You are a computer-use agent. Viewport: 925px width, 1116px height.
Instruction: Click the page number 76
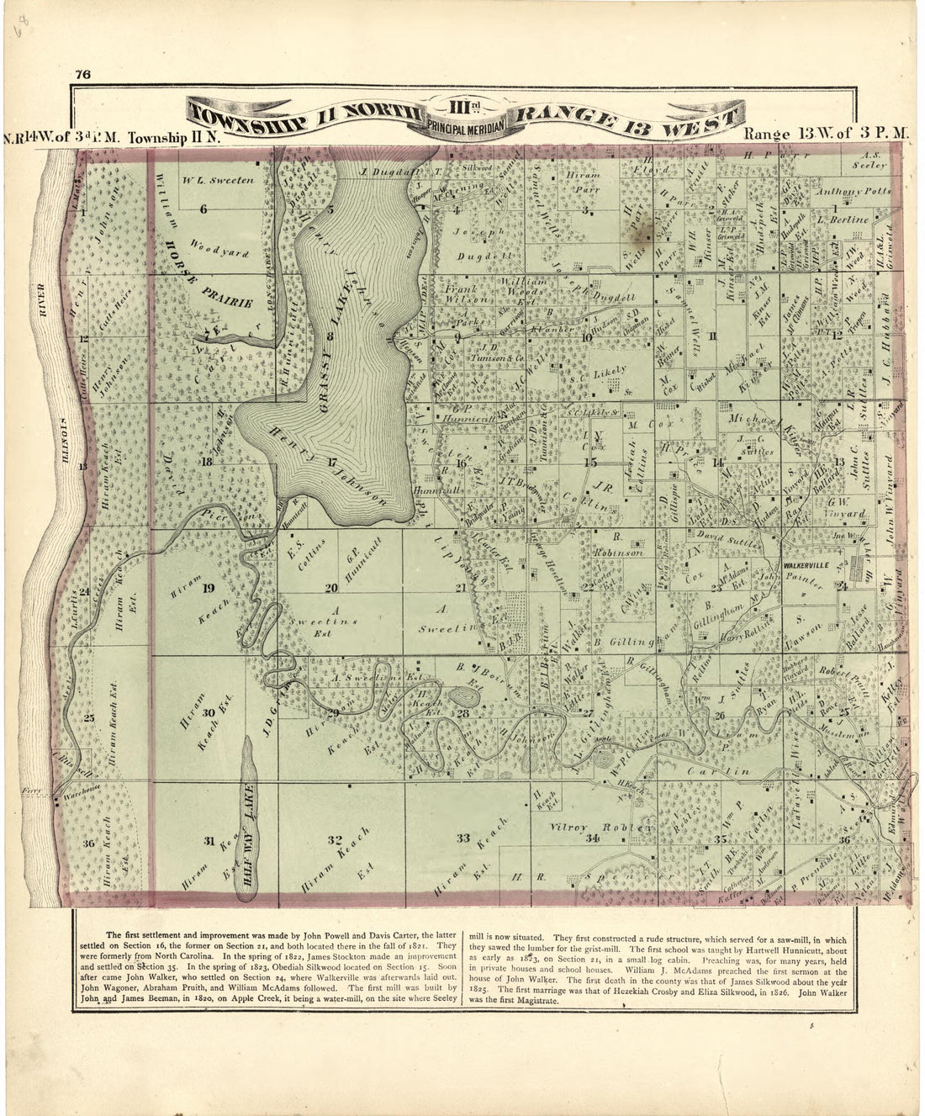(x=82, y=73)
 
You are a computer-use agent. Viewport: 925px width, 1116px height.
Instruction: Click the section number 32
(x=334, y=839)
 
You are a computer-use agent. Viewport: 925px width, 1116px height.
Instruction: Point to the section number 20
(x=332, y=587)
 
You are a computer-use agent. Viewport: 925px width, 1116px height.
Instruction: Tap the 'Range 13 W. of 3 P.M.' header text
(x=827, y=134)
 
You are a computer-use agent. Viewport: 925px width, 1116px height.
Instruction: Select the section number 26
(x=720, y=715)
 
